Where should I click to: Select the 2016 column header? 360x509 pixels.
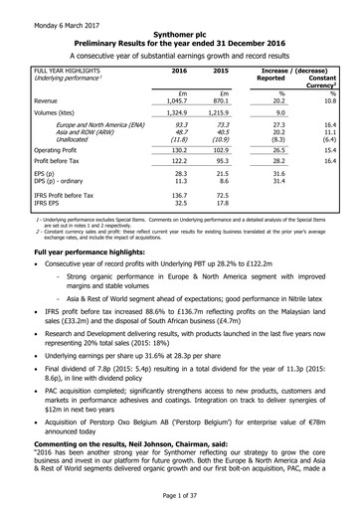coord(179,74)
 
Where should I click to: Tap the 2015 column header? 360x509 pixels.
coord(224,74)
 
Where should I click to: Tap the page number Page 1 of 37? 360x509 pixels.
coord(179,495)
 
